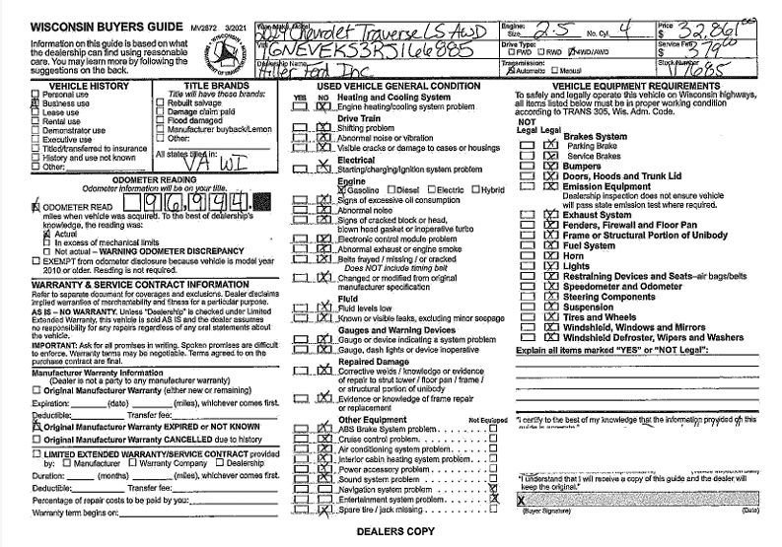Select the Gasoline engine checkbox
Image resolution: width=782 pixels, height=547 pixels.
tap(342, 189)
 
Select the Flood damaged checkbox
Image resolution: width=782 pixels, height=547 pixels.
tap(163, 119)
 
